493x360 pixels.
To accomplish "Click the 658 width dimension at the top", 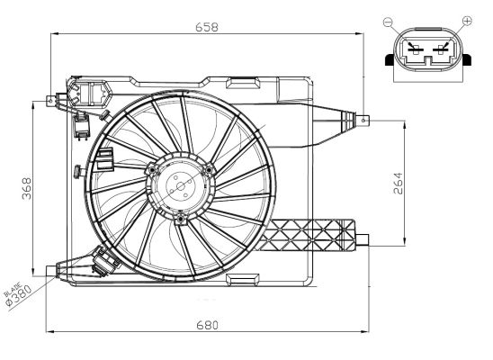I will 207,27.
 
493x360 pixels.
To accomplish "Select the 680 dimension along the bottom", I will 207,325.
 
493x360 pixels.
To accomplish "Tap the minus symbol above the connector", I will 388,20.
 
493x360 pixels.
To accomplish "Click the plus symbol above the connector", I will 465,20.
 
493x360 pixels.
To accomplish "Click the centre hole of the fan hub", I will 180,189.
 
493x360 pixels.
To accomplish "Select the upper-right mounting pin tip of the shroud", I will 363,119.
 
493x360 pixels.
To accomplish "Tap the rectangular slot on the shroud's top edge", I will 242,85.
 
